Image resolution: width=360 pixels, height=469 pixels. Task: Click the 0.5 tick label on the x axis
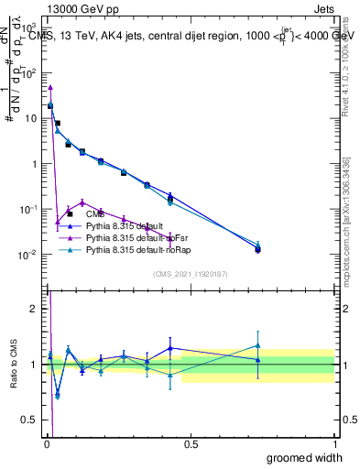point(191,443)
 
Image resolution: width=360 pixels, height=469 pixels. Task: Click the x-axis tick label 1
point(334,443)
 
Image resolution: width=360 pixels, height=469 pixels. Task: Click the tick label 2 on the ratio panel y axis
point(34,309)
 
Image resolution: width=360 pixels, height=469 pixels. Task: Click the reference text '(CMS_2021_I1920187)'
point(190,273)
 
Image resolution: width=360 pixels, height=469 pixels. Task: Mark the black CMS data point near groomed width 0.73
point(258,249)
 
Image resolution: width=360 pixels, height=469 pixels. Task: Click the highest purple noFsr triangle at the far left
point(50,88)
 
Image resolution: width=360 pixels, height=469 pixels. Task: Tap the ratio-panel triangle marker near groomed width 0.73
point(258,346)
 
